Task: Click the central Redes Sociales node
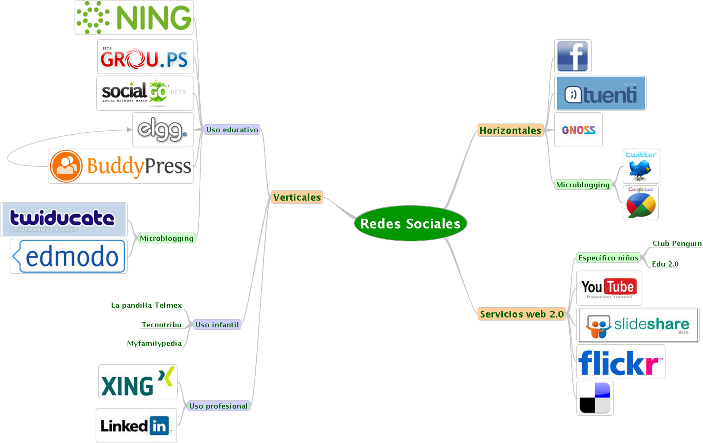click(410, 224)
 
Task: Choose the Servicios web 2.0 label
click(522, 314)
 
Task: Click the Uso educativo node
click(232, 130)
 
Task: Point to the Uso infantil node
click(217, 324)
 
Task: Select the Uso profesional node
click(218, 406)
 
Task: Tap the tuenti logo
click(601, 93)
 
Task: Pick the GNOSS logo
click(578, 130)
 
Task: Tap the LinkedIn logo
click(136, 426)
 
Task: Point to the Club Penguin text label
click(677, 243)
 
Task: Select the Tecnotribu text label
click(161, 324)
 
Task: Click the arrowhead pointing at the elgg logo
click(130, 130)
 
